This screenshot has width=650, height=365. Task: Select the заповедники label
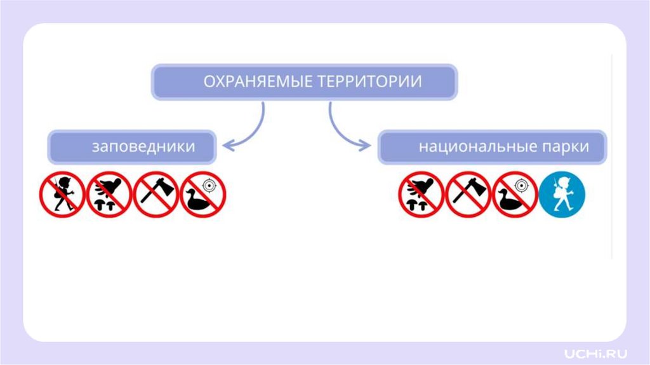143,146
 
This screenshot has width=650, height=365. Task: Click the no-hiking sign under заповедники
62,195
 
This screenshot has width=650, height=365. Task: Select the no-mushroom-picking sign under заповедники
109,195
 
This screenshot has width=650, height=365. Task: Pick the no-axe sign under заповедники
156,195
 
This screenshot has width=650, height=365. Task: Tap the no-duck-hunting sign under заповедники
203,195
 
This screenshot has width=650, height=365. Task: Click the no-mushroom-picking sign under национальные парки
421,195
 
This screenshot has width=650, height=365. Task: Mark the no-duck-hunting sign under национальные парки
515,195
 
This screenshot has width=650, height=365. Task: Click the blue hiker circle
562,195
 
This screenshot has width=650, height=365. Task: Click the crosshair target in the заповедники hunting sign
209,186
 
